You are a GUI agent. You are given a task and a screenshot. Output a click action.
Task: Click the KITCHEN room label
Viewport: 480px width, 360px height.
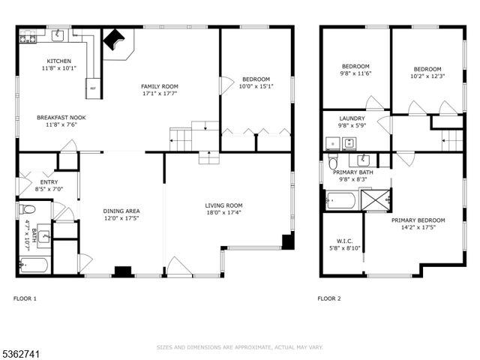59,61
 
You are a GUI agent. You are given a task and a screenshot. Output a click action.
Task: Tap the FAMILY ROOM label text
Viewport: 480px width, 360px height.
160,86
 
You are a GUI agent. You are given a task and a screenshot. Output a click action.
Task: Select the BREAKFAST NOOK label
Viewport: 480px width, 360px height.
61,118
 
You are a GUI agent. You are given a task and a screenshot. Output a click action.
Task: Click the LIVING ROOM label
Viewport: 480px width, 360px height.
224,205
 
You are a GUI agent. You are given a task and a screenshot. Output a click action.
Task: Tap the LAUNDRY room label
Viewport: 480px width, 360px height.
352,118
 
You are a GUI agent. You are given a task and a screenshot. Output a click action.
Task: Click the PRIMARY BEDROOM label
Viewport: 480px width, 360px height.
418,220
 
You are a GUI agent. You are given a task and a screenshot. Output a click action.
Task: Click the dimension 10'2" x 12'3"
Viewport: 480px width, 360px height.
427,76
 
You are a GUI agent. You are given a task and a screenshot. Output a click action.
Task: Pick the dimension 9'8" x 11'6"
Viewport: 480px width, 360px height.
356,73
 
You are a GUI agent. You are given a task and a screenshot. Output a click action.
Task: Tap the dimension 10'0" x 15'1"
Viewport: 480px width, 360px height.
255,86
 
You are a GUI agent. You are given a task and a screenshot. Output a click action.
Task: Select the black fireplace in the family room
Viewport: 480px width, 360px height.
115,40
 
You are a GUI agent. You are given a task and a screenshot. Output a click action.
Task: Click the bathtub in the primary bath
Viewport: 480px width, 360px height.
341,200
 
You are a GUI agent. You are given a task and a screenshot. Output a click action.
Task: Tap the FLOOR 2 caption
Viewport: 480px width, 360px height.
328,298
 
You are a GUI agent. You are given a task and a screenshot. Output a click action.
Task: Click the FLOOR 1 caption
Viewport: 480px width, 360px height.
25,298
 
